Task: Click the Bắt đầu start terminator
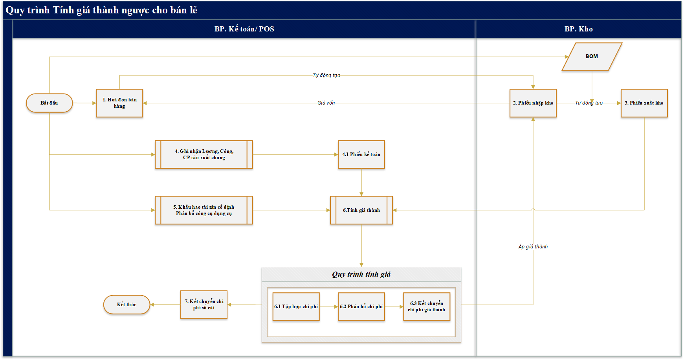click(x=50, y=103)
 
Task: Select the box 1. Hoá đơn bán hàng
click(x=119, y=103)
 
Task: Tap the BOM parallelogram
click(x=592, y=57)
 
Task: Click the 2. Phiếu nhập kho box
click(x=533, y=103)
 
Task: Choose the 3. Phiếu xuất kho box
click(x=644, y=103)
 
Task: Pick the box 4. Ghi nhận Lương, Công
click(x=204, y=154)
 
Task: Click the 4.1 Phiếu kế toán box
click(x=361, y=154)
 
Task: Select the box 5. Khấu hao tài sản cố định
click(x=204, y=210)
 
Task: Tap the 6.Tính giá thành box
click(x=361, y=210)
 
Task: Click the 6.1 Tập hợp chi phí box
click(x=296, y=307)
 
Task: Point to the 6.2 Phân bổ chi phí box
click(x=361, y=307)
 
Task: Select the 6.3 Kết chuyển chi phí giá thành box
click(x=427, y=307)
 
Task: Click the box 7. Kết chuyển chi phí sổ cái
click(x=204, y=305)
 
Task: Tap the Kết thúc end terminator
click(x=127, y=305)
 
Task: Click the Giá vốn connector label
click(x=326, y=103)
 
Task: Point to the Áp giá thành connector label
click(x=533, y=247)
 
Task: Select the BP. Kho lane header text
click(x=579, y=29)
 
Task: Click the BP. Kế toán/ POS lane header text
click(x=244, y=29)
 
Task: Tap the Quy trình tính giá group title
click(x=361, y=274)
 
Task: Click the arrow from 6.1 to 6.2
click(x=329, y=307)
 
